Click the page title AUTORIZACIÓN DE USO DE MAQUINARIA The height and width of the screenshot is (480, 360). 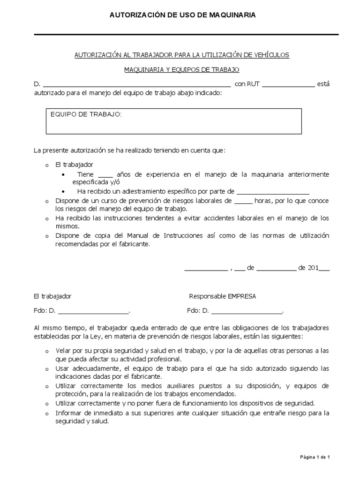182,15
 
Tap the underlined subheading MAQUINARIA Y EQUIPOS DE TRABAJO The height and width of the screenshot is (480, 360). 181,70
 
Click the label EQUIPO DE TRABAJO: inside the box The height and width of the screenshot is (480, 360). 86,114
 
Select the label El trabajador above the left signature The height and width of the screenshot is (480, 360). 52,296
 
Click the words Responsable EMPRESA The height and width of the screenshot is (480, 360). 223,296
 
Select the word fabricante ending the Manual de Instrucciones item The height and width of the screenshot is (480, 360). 134,245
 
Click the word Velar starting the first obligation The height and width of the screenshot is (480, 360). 63,351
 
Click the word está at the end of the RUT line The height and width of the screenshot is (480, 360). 323,84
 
